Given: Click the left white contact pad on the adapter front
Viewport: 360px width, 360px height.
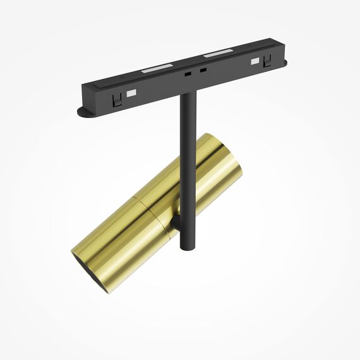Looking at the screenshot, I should (132, 93).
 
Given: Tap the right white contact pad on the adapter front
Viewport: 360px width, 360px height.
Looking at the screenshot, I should (255, 62).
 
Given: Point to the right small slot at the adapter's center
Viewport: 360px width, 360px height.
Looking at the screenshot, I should (202, 69).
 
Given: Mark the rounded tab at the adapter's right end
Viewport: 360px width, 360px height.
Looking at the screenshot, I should (282, 63).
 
